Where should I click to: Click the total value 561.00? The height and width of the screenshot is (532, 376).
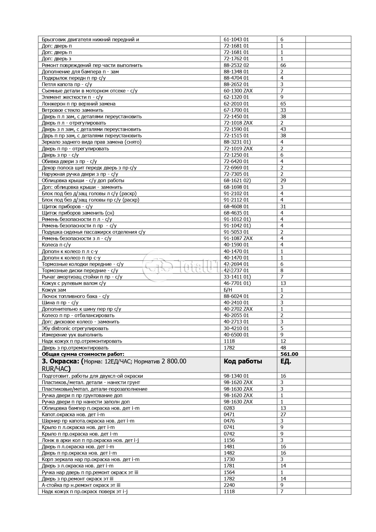point(289,354)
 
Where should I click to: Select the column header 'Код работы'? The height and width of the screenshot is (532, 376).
point(243,361)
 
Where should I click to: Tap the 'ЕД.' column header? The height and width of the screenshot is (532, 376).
point(286,361)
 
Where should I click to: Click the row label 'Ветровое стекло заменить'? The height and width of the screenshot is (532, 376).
point(72,110)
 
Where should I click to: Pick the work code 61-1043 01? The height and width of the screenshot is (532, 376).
point(236,39)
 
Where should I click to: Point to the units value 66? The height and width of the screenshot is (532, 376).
point(283,65)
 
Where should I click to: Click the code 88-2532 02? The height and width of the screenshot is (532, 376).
point(236,65)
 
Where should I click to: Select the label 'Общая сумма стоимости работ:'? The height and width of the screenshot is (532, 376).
point(83,354)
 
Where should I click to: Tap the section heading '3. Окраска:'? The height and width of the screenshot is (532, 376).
point(61,361)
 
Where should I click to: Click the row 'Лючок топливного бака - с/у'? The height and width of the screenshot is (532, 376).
point(76,296)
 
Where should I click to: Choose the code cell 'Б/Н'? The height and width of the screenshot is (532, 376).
point(228,290)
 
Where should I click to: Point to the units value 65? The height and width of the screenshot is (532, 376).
point(283,104)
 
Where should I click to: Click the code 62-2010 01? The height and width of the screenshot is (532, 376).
point(236,104)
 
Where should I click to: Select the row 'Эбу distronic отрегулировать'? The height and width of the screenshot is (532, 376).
point(75,328)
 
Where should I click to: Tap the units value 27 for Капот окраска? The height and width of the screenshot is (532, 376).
point(283,414)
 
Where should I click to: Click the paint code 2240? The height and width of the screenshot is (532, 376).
point(229,485)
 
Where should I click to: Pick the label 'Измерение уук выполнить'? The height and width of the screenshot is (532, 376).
point(72,335)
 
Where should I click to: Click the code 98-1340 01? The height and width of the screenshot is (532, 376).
point(236,376)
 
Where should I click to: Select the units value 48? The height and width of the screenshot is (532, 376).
point(283,348)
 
